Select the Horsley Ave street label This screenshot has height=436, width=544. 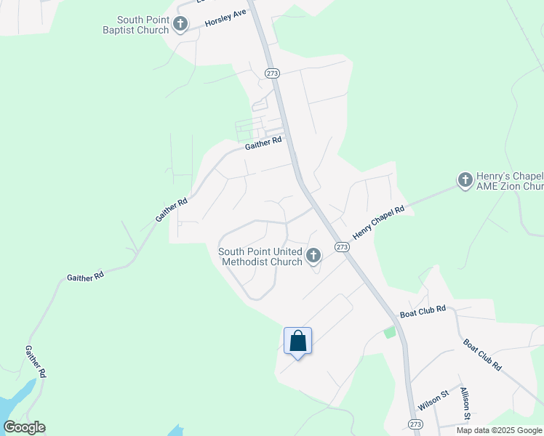pos(225,19)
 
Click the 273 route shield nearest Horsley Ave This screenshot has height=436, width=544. pos(272,73)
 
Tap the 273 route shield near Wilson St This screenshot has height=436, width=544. pos(415,424)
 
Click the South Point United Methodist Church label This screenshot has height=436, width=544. pos(260,257)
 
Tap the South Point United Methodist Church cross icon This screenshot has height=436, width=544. pos(313,255)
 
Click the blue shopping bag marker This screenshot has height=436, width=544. pos(297,340)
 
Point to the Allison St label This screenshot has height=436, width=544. pos(465,403)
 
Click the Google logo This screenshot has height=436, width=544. pos(25,427)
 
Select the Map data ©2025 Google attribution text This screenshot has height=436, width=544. pos(499,430)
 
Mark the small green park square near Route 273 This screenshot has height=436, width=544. pos(390,332)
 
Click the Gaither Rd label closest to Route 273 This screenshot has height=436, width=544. pos(263,144)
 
